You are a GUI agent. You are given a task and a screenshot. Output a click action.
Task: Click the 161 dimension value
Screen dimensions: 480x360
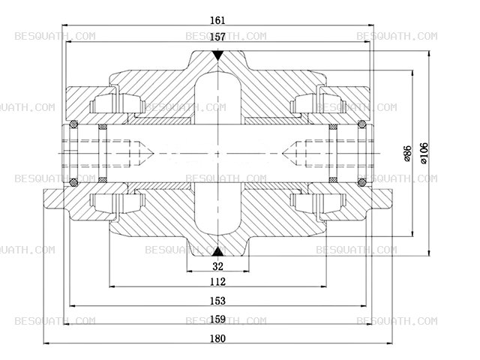pos(217,20)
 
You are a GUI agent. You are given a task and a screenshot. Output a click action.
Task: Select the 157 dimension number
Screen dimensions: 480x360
pos(217,37)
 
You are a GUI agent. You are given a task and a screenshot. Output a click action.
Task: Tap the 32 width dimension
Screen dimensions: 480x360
pos(217,266)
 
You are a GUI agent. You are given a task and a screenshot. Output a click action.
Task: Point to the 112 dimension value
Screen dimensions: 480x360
pos(217,282)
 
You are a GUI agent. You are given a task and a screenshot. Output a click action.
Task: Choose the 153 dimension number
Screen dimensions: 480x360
pos(217,301)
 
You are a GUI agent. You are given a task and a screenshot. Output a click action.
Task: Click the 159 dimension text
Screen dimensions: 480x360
pos(217,319)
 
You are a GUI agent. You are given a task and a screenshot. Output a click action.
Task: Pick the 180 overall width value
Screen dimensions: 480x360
pos(217,338)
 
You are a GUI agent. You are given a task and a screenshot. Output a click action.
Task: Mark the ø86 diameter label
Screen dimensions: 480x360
pos(407,153)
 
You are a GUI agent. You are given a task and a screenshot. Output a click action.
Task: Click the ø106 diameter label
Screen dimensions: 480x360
pos(424,153)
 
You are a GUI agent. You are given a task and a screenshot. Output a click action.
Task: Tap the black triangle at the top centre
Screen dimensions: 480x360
pos(217,55)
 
